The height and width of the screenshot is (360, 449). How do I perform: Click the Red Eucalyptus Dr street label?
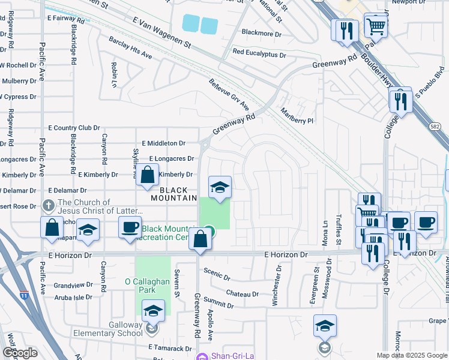pos(259,55)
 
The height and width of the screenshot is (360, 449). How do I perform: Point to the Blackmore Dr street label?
pos(261,34)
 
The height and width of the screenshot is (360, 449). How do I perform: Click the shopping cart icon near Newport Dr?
pos(375,25)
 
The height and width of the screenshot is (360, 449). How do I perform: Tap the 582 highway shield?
pos(435,126)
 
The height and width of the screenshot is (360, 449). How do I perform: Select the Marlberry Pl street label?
pos(298,116)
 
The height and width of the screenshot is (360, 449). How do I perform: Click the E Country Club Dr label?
pos(74,128)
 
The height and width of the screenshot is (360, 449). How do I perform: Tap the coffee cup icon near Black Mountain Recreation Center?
pos(129,227)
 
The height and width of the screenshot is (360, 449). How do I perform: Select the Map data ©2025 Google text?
pos(411,355)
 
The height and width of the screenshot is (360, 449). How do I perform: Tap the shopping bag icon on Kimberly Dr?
pos(147,175)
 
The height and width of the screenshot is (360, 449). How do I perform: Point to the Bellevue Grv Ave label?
pos(229,94)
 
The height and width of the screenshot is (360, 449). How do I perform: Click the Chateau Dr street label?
pos(243,294)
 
